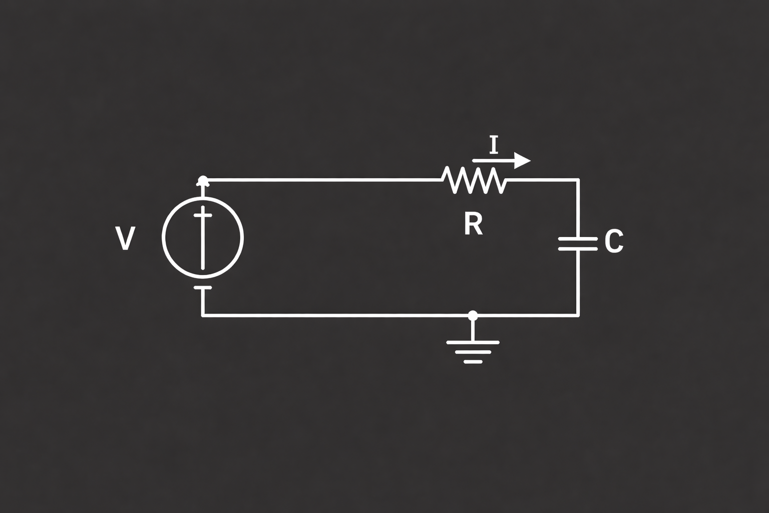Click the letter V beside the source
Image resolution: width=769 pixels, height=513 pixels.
125,238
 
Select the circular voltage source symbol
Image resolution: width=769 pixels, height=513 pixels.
162,237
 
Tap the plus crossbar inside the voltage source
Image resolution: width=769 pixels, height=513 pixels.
203,215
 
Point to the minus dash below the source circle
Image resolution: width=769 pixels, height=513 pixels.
203,287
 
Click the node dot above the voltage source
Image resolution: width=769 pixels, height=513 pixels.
203,180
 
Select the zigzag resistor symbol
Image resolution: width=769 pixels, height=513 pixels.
474,180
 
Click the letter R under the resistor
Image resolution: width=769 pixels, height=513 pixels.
474,223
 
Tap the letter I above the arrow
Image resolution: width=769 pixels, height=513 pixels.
494,145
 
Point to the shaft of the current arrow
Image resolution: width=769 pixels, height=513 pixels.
493,160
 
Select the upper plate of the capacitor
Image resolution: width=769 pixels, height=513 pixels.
578,239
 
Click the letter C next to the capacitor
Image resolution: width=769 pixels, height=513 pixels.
614,241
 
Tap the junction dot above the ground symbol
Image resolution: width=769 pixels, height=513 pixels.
473,315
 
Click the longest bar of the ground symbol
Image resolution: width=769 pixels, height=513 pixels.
473,343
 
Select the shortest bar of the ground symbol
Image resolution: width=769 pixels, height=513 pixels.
473,362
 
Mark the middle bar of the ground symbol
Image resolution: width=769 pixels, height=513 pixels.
473,352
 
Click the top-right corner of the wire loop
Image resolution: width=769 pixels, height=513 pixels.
578,180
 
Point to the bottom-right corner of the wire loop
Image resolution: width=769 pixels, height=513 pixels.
578,315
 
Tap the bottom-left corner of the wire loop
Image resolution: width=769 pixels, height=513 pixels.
203,315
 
